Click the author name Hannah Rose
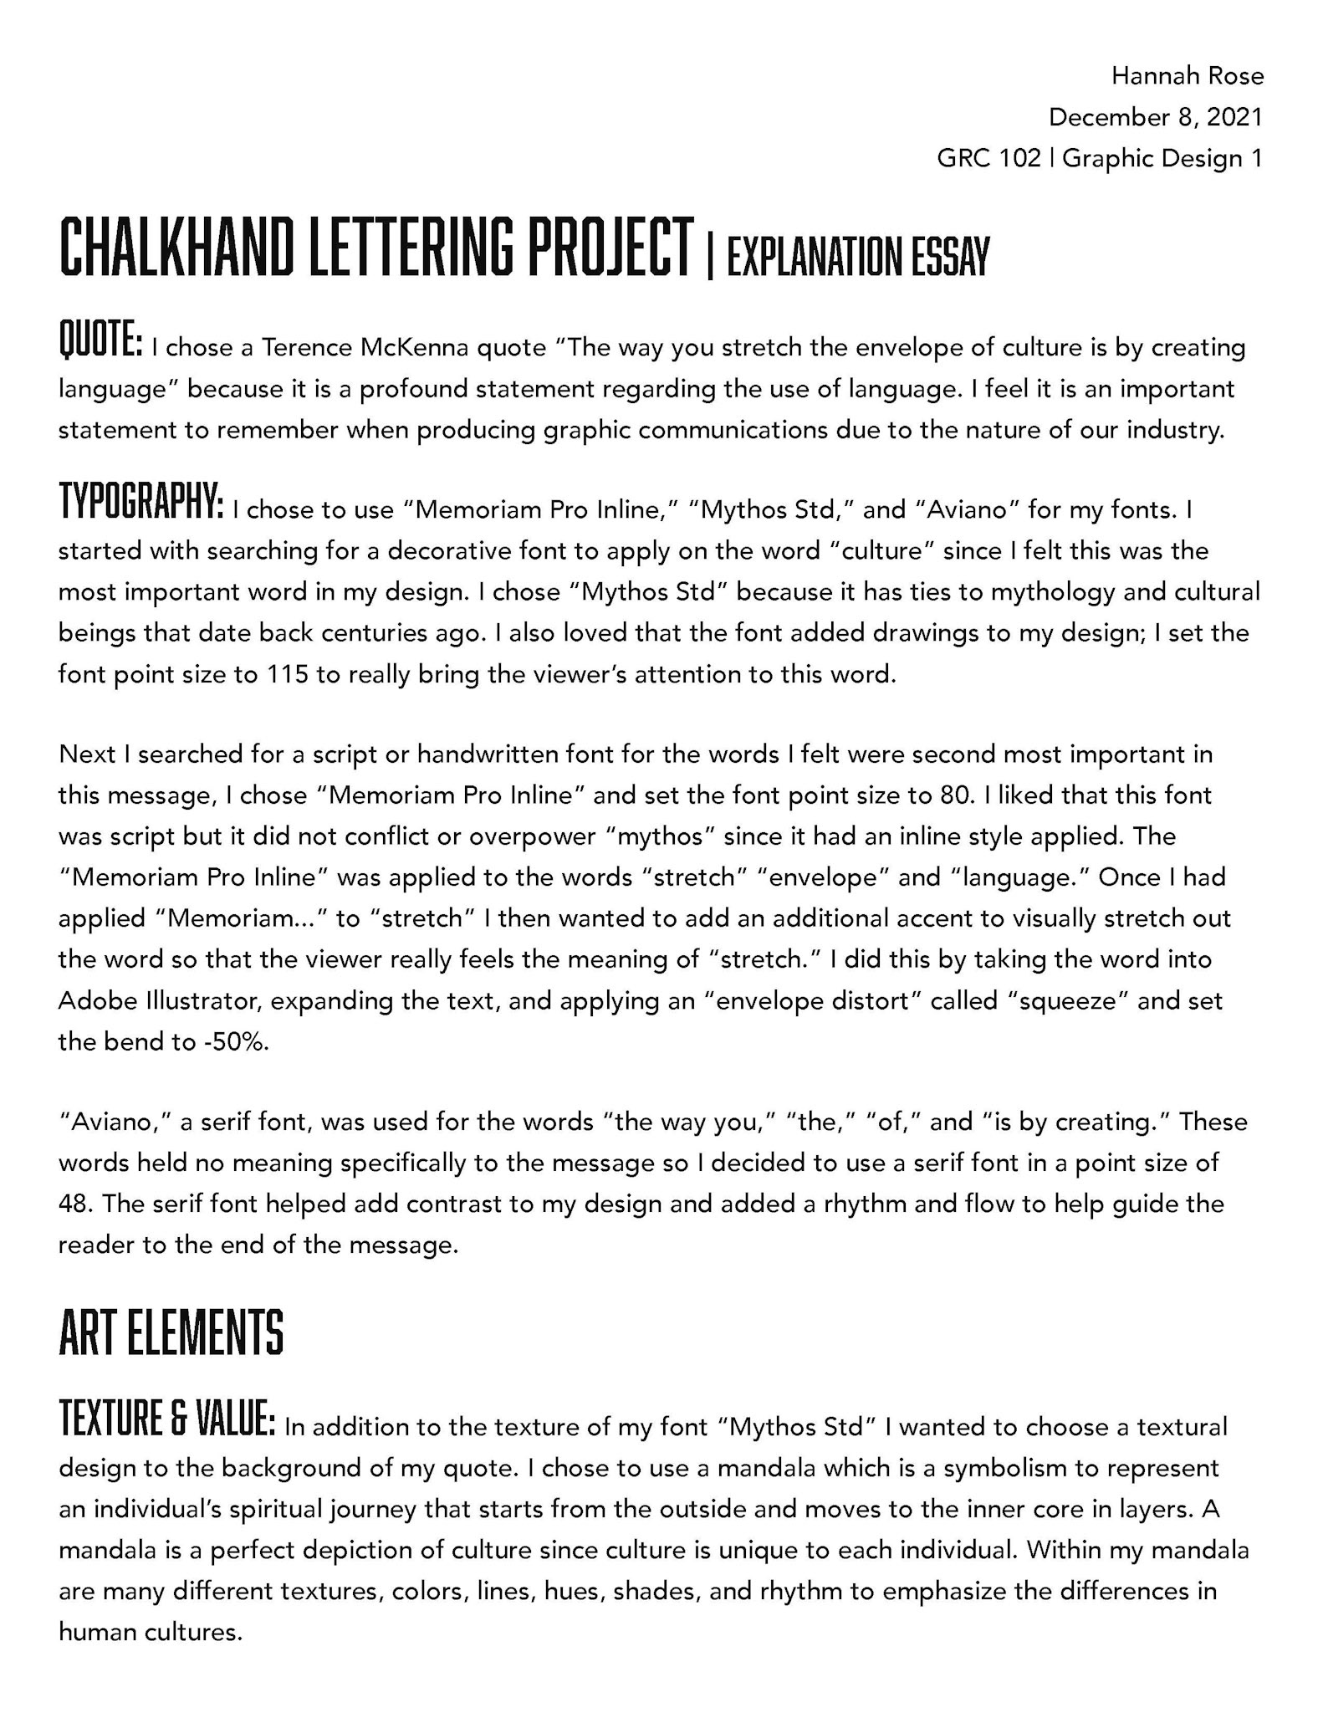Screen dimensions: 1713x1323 [1187, 76]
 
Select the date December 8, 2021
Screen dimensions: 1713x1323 [1155, 117]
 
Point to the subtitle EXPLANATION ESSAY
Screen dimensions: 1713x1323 [858, 256]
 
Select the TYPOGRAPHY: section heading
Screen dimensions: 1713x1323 [140, 502]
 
